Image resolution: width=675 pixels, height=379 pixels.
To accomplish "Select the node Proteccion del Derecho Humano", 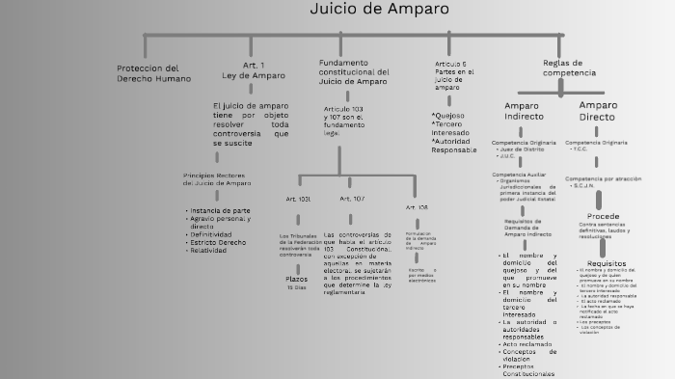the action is tap(154, 72).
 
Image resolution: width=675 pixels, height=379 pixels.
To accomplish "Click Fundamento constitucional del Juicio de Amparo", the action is tap(354, 71).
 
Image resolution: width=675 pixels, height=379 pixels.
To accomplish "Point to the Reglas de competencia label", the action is tap(569, 68).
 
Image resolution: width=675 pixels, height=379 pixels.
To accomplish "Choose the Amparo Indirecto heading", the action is tap(524, 110).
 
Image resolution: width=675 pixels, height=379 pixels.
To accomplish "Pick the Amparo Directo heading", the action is tap(598, 110).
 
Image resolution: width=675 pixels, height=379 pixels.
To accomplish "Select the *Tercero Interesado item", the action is tap(452, 128).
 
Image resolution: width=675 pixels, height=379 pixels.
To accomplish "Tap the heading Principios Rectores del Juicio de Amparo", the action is tap(217, 179).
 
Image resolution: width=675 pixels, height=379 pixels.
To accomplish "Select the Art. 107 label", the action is tap(352, 199).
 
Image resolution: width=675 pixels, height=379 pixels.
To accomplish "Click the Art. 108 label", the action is tap(417, 207).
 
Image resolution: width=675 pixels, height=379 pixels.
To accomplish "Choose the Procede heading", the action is tap(603, 216).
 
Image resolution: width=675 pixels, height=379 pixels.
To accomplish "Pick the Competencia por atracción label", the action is tap(603, 178).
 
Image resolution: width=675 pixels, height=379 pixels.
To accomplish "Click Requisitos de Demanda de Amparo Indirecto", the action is tap(528, 228).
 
